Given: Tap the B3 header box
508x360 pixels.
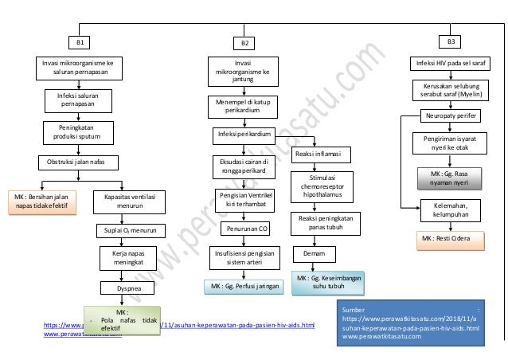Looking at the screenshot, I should click(x=451, y=39).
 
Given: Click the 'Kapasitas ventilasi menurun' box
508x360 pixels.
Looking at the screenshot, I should click(x=130, y=200).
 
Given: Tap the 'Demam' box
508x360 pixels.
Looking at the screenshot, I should click(x=312, y=254).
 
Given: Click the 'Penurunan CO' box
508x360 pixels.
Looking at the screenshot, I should click(x=247, y=229).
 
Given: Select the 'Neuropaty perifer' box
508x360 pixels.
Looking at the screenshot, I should click(x=451, y=116).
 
